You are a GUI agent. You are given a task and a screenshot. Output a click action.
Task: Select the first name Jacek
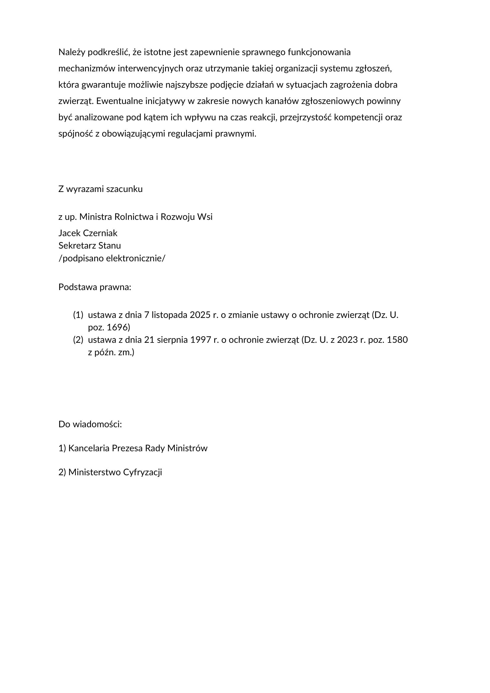click(69, 233)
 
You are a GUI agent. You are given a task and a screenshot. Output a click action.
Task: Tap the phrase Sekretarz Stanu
click(89, 246)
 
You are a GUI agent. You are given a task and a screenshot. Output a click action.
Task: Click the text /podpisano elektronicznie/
click(112, 258)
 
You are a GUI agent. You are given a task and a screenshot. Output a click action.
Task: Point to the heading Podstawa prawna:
click(95, 287)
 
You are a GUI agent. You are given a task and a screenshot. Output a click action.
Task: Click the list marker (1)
click(78, 315)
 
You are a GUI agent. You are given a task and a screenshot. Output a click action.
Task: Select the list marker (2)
click(78, 340)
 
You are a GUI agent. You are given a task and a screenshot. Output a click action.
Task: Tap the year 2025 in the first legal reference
click(200, 315)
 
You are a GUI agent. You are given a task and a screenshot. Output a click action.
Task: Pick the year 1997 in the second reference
click(201, 340)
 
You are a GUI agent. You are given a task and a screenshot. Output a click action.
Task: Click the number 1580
click(397, 340)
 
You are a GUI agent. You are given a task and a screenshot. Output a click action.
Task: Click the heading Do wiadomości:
click(90, 424)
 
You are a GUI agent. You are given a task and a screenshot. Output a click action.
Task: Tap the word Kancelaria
click(89, 448)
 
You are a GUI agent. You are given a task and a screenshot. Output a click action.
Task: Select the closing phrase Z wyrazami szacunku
click(100, 189)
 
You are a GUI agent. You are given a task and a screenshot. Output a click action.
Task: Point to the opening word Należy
click(71, 52)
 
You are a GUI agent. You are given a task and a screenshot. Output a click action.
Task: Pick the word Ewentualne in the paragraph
click(119, 101)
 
